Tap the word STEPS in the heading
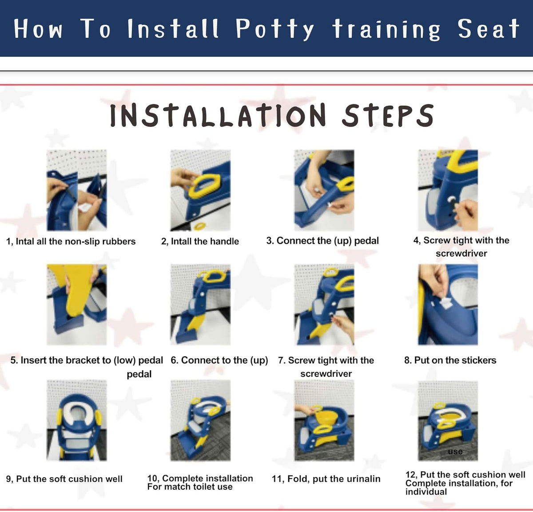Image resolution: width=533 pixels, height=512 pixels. pyautogui.click(x=388, y=116)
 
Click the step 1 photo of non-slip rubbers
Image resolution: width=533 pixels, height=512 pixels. pyautogui.click(x=77, y=190)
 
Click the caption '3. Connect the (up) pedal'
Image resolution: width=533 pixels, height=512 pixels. pyautogui.click(x=322, y=241)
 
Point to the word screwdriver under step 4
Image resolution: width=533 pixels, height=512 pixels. pyautogui.click(x=461, y=254)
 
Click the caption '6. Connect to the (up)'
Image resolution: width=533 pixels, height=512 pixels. pyautogui.click(x=219, y=360)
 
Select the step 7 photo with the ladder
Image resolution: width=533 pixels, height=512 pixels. pyautogui.click(x=324, y=304)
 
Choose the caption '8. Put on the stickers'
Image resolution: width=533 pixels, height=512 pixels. pyautogui.click(x=450, y=360)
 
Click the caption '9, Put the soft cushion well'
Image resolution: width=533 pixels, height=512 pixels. pyautogui.click(x=64, y=479)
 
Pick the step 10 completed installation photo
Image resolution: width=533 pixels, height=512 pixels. pyautogui.click(x=200, y=420)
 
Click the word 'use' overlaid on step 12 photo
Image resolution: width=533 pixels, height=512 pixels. pyautogui.click(x=455, y=452)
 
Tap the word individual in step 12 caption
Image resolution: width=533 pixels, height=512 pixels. pyautogui.click(x=426, y=492)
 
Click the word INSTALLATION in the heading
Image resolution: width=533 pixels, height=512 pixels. pyautogui.click(x=218, y=116)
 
